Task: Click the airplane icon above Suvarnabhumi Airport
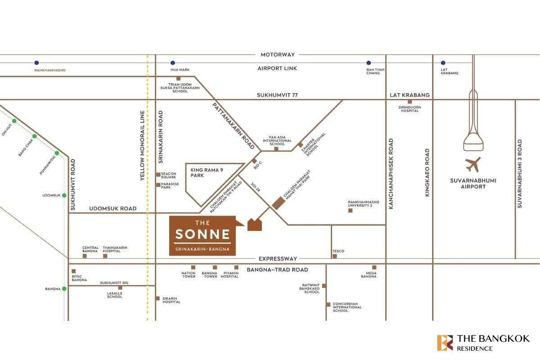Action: (x=473, y=165)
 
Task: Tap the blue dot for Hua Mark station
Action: (x=172, y=63)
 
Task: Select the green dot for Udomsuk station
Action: (x=64, y=195)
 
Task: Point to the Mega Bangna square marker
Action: (x=374, y=267)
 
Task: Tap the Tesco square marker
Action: (x=334, y=256)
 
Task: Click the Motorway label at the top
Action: (x=278, y=54)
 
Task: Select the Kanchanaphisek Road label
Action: (x=391, y=174)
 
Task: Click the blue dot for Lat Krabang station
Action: (x=443, y=63)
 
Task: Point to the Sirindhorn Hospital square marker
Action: (x=409, y=102)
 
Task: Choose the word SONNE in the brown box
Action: (x=202, y=234)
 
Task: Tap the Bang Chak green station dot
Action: (x=34, y=136)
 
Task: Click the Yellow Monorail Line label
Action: (x=142, y=146)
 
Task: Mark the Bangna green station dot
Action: (x=64, y=288)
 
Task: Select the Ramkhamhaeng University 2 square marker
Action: (x=351, y=210)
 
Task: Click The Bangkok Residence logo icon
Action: (x=445, y=342)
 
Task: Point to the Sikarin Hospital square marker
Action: (x=157, y=298)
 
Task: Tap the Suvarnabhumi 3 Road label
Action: (x=520, y=174)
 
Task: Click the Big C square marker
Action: (x=254, y=161)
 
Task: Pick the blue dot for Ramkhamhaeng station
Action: (x=36, y=63)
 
